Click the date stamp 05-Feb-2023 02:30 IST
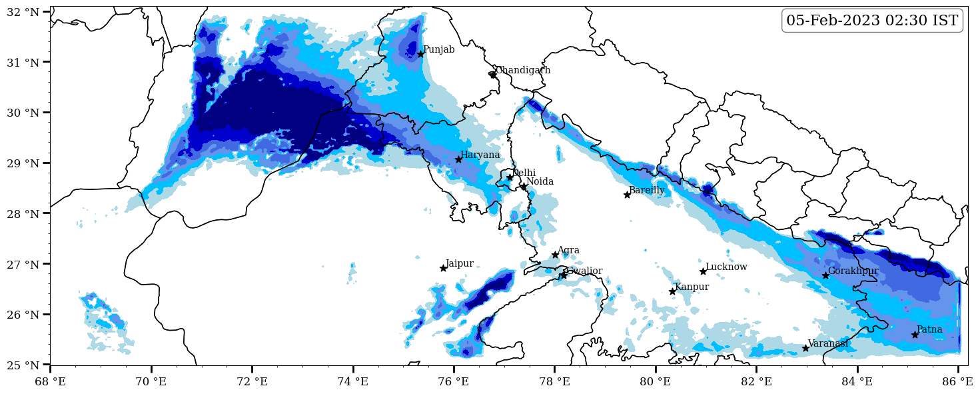click(872, 21)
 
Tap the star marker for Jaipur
click(443, 268)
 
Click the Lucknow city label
click(726, 267)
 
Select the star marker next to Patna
click(915, 335)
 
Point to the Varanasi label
click(828, 344)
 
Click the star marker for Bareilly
click(627, 195)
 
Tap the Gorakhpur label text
click(853, 271)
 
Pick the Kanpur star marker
click(672, 291)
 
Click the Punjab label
click(439, 50)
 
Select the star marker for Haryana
click(458, 159)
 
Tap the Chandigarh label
click(523, 71)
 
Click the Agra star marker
click(555, 255)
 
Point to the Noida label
click(540, 182)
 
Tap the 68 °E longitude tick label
click(50, 382)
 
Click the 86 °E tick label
click(958, 382)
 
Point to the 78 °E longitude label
click(554, 382)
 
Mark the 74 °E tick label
click(353, 382)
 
